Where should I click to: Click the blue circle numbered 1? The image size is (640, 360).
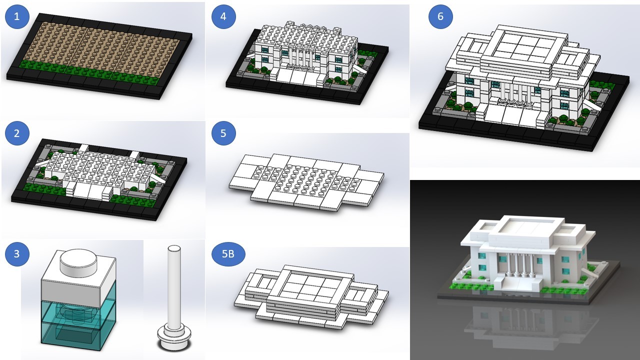pyautogui.click(x=17, y=17)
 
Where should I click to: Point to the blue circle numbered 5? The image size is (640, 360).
pyautogui.click(x=223, y=134)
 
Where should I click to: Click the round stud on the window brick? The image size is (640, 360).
pyautogui.click(x=78, y=261)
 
